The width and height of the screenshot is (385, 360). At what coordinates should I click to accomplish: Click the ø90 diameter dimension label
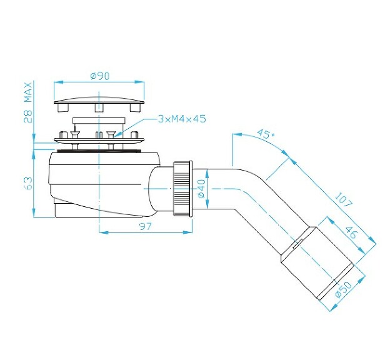tap(100, 76)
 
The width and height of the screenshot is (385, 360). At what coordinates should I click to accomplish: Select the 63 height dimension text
tap(28, 182)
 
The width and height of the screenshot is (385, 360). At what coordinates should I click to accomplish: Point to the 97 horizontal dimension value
tap(144, 226)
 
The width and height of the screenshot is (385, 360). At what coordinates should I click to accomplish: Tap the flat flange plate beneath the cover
tap(100, 142)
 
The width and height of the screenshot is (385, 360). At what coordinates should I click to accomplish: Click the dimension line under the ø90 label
tap(100, 82)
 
